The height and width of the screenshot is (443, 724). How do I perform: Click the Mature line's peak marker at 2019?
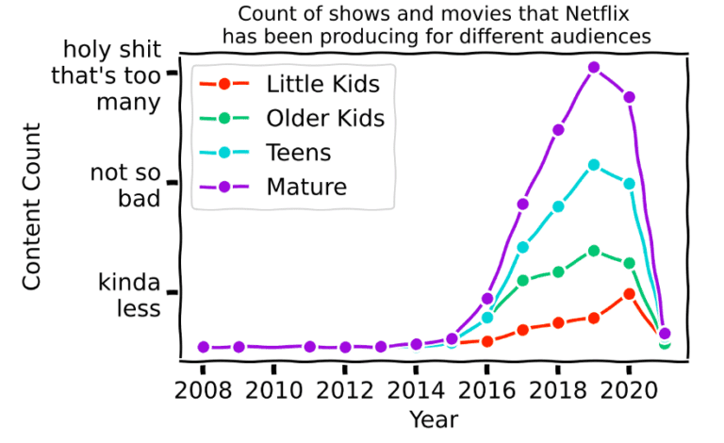[x=594, y=67]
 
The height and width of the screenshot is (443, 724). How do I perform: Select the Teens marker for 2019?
[x=594, y=165]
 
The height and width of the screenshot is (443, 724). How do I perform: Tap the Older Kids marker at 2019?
[x=594, y=251]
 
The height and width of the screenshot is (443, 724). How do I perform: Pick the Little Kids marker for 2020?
[x=629, y=293]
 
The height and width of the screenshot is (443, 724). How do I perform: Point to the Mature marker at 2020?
[x=629, y=97]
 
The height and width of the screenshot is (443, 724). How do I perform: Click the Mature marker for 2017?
[x=522, y=204]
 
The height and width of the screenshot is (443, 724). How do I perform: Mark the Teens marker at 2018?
[x=558, y=206]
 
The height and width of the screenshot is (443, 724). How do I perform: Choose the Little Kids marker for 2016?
[x=487, y=341]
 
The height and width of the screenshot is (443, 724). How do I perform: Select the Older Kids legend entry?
[x=325, y=119]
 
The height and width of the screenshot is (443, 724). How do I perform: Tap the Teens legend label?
[x=299, y=153]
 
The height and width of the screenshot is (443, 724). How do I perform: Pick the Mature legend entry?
[x=306, y=187]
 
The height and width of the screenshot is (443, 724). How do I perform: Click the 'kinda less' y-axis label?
[x=130, y=294]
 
